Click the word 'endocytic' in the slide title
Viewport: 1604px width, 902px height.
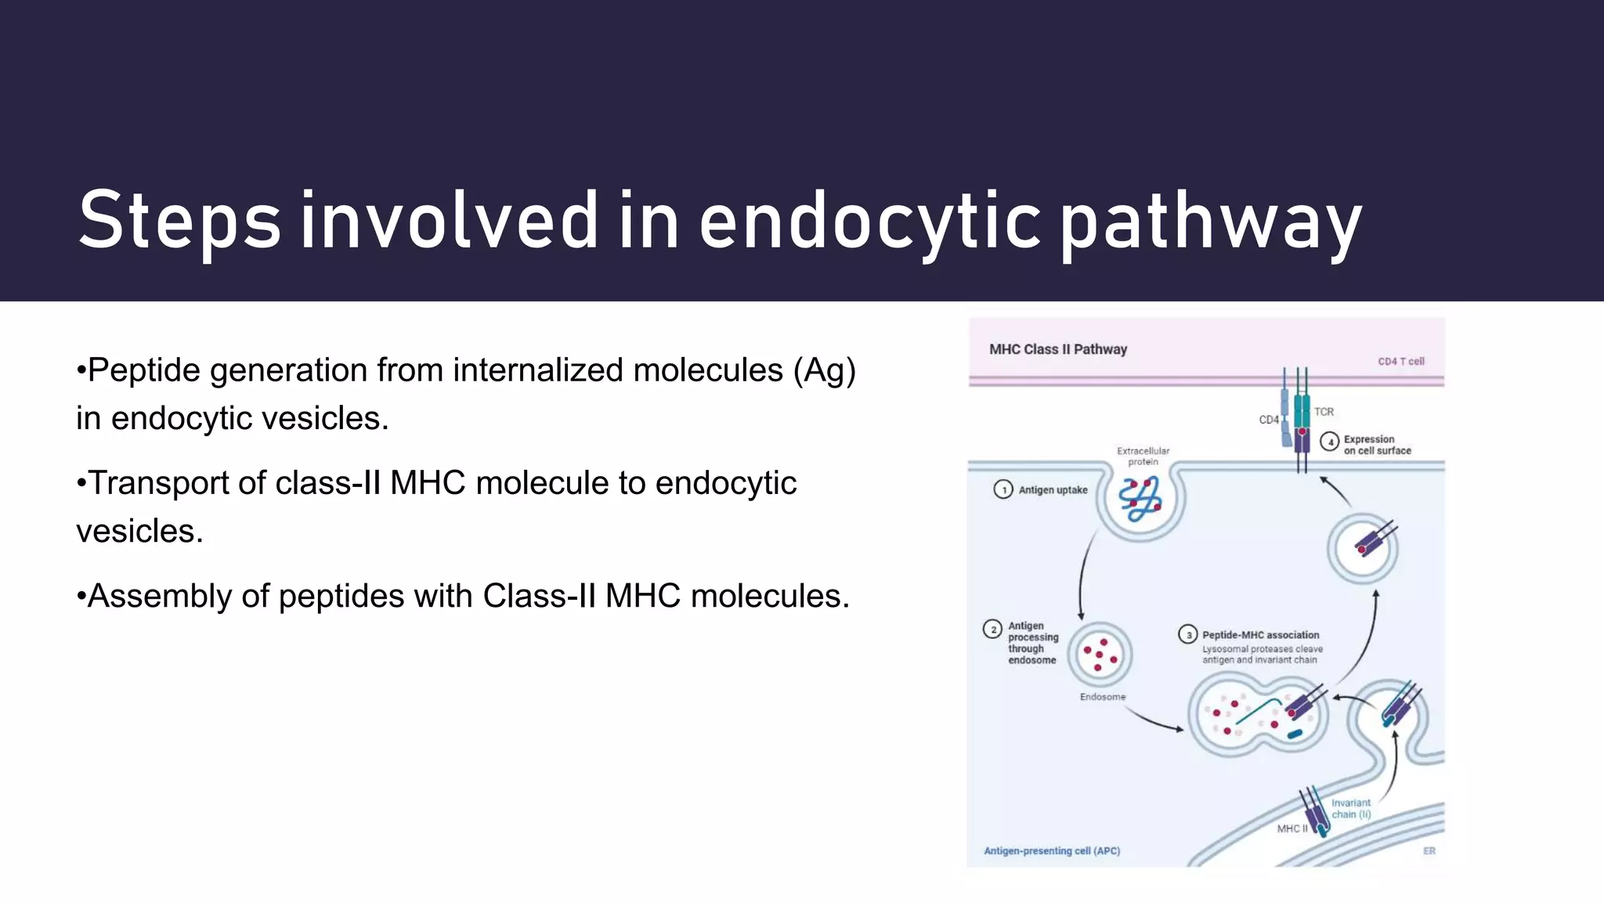tap(869, 222)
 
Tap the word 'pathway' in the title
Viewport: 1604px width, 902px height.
tap(1211, 223)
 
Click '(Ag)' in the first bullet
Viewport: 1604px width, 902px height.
tap(824, 370)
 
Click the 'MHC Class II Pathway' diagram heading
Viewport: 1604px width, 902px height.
tap(1057, 349)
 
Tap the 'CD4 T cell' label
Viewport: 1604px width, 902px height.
tap(1400, 362)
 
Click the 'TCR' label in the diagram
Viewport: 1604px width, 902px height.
tap(1324, 412)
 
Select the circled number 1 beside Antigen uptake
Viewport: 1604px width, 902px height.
tap(1003, 490)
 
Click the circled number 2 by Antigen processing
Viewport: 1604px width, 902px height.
tap(993, 630)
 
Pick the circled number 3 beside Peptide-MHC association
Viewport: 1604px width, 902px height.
tap(1188, 635)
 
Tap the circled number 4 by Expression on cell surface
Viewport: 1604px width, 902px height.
tap(1329, 442)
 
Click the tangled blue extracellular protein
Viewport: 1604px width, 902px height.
tap(1140, 500)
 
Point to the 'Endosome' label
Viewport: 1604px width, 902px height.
tap(1102, 697)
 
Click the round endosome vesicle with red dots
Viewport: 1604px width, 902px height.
tap(1100, 655)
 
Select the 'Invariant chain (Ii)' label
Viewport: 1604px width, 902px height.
tap(1351, 809)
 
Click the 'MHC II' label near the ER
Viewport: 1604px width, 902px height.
tap(1292, 828)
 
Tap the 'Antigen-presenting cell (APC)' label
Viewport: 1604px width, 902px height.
tap(1052, 851)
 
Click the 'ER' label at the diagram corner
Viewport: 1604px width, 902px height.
tap(1429, 851)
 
